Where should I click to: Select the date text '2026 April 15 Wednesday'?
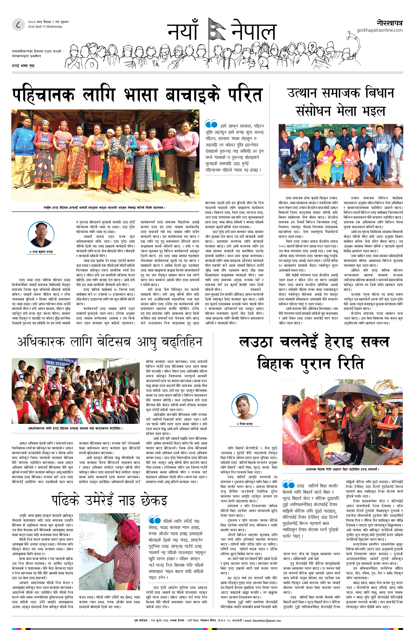[x=45, y=27]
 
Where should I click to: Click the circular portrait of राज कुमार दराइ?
[x=41, y=234]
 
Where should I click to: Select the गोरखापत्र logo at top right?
[x=390, y=23]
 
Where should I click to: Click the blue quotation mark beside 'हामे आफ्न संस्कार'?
[x=211, y=124]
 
